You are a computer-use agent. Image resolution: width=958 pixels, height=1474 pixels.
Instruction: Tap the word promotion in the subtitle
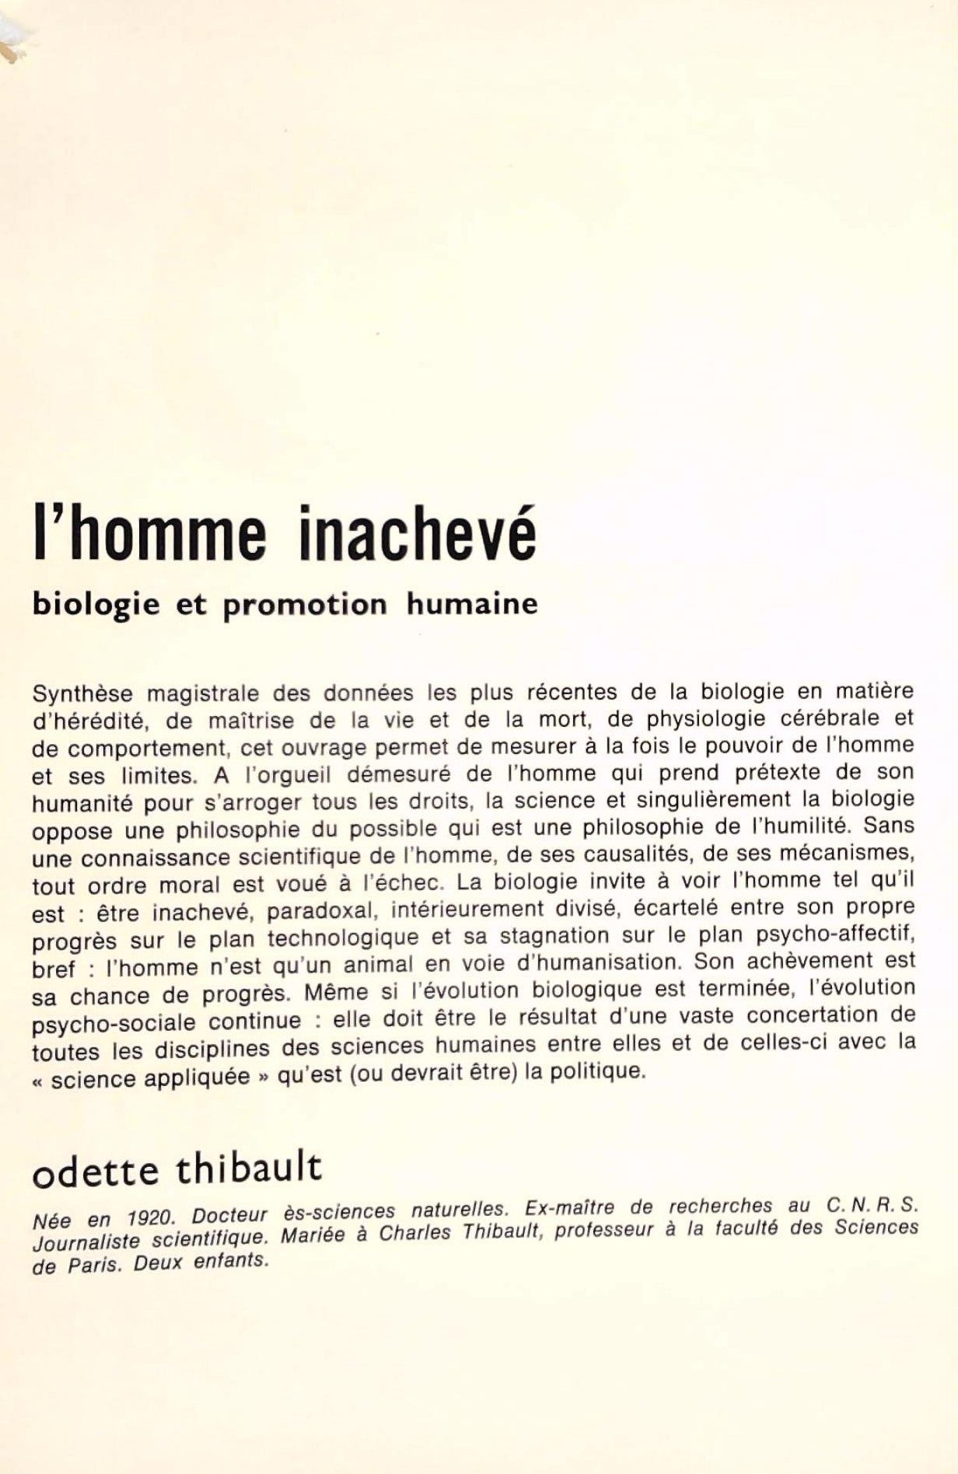click(304, 604)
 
